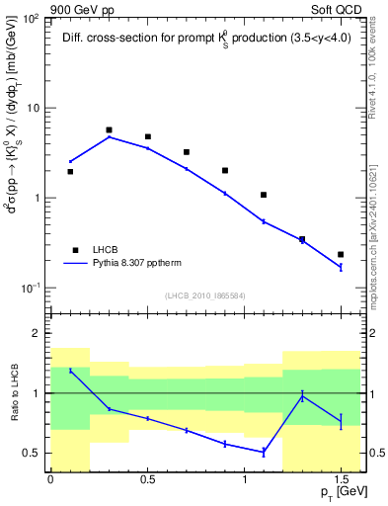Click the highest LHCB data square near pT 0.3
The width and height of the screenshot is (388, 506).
(x=109, y=129)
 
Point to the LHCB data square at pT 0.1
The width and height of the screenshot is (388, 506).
(x=70, y=171)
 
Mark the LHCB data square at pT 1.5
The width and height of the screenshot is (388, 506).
(x=341, y=255)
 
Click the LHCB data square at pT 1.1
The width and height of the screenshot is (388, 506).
(x=264, y=195)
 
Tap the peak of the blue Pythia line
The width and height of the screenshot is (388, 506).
(x=109, y=136)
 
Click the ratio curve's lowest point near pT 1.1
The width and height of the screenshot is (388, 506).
(x=264, y=452)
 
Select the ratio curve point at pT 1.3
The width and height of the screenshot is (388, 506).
(x=302, y=396)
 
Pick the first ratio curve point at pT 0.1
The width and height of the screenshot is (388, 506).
(x=70, y=371)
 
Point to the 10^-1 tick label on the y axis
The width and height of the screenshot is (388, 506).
(x=34, y=288)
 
